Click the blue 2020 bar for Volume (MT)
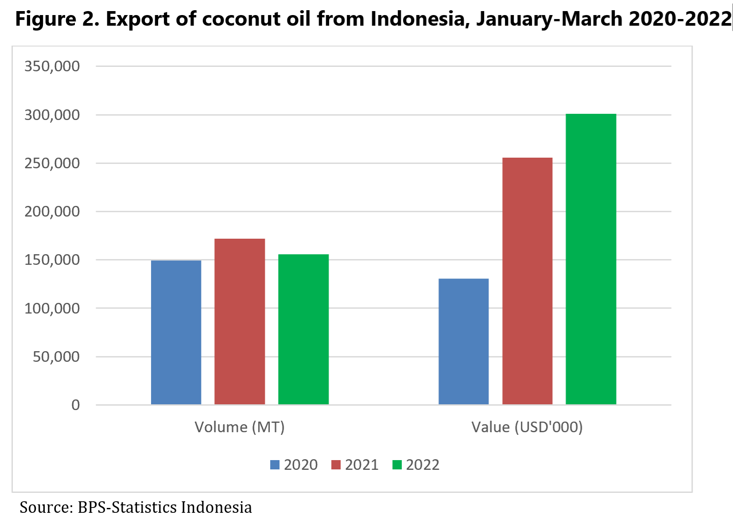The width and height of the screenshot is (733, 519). [x=176, y=333]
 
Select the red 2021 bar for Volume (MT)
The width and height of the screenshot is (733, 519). [x=240, y=321]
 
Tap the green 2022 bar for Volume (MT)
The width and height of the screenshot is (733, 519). [x=303, y=329]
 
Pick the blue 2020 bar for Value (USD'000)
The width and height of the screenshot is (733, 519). [x=464, y=341]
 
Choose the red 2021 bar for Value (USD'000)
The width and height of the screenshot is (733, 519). [x=527, y=281]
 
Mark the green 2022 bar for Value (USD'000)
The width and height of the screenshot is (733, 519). [x=591, y=259]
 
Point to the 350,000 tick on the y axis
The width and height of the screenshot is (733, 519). [x=52, y=66]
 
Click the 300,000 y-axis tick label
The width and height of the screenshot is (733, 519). [x=52, y=115]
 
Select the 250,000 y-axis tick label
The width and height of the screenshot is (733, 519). [x=52, y=163]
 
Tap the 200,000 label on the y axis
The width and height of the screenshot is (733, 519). [x=52, y=212]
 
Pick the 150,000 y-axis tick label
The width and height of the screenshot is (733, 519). [x=52, y=260]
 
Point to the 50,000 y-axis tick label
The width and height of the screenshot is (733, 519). [x=56, y=356]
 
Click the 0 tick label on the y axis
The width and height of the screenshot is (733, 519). [x=76, y=405]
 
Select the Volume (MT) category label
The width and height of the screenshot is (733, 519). [x=240, y=427]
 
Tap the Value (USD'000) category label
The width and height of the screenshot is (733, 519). [x=527, y=427]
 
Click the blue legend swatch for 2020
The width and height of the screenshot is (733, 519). [x=275, y=465]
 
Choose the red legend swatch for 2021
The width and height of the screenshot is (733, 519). [x=336, y=465]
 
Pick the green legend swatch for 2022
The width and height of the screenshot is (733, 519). [x=397, y=465]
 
